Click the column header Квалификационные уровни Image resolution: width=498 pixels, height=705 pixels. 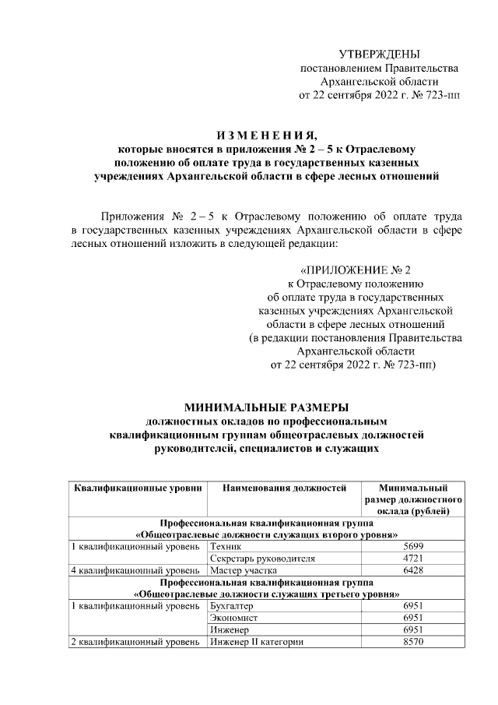(138, 488)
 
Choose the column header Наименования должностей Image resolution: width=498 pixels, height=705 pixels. (283, 488)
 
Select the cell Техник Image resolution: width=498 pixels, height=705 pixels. (226, 547)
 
